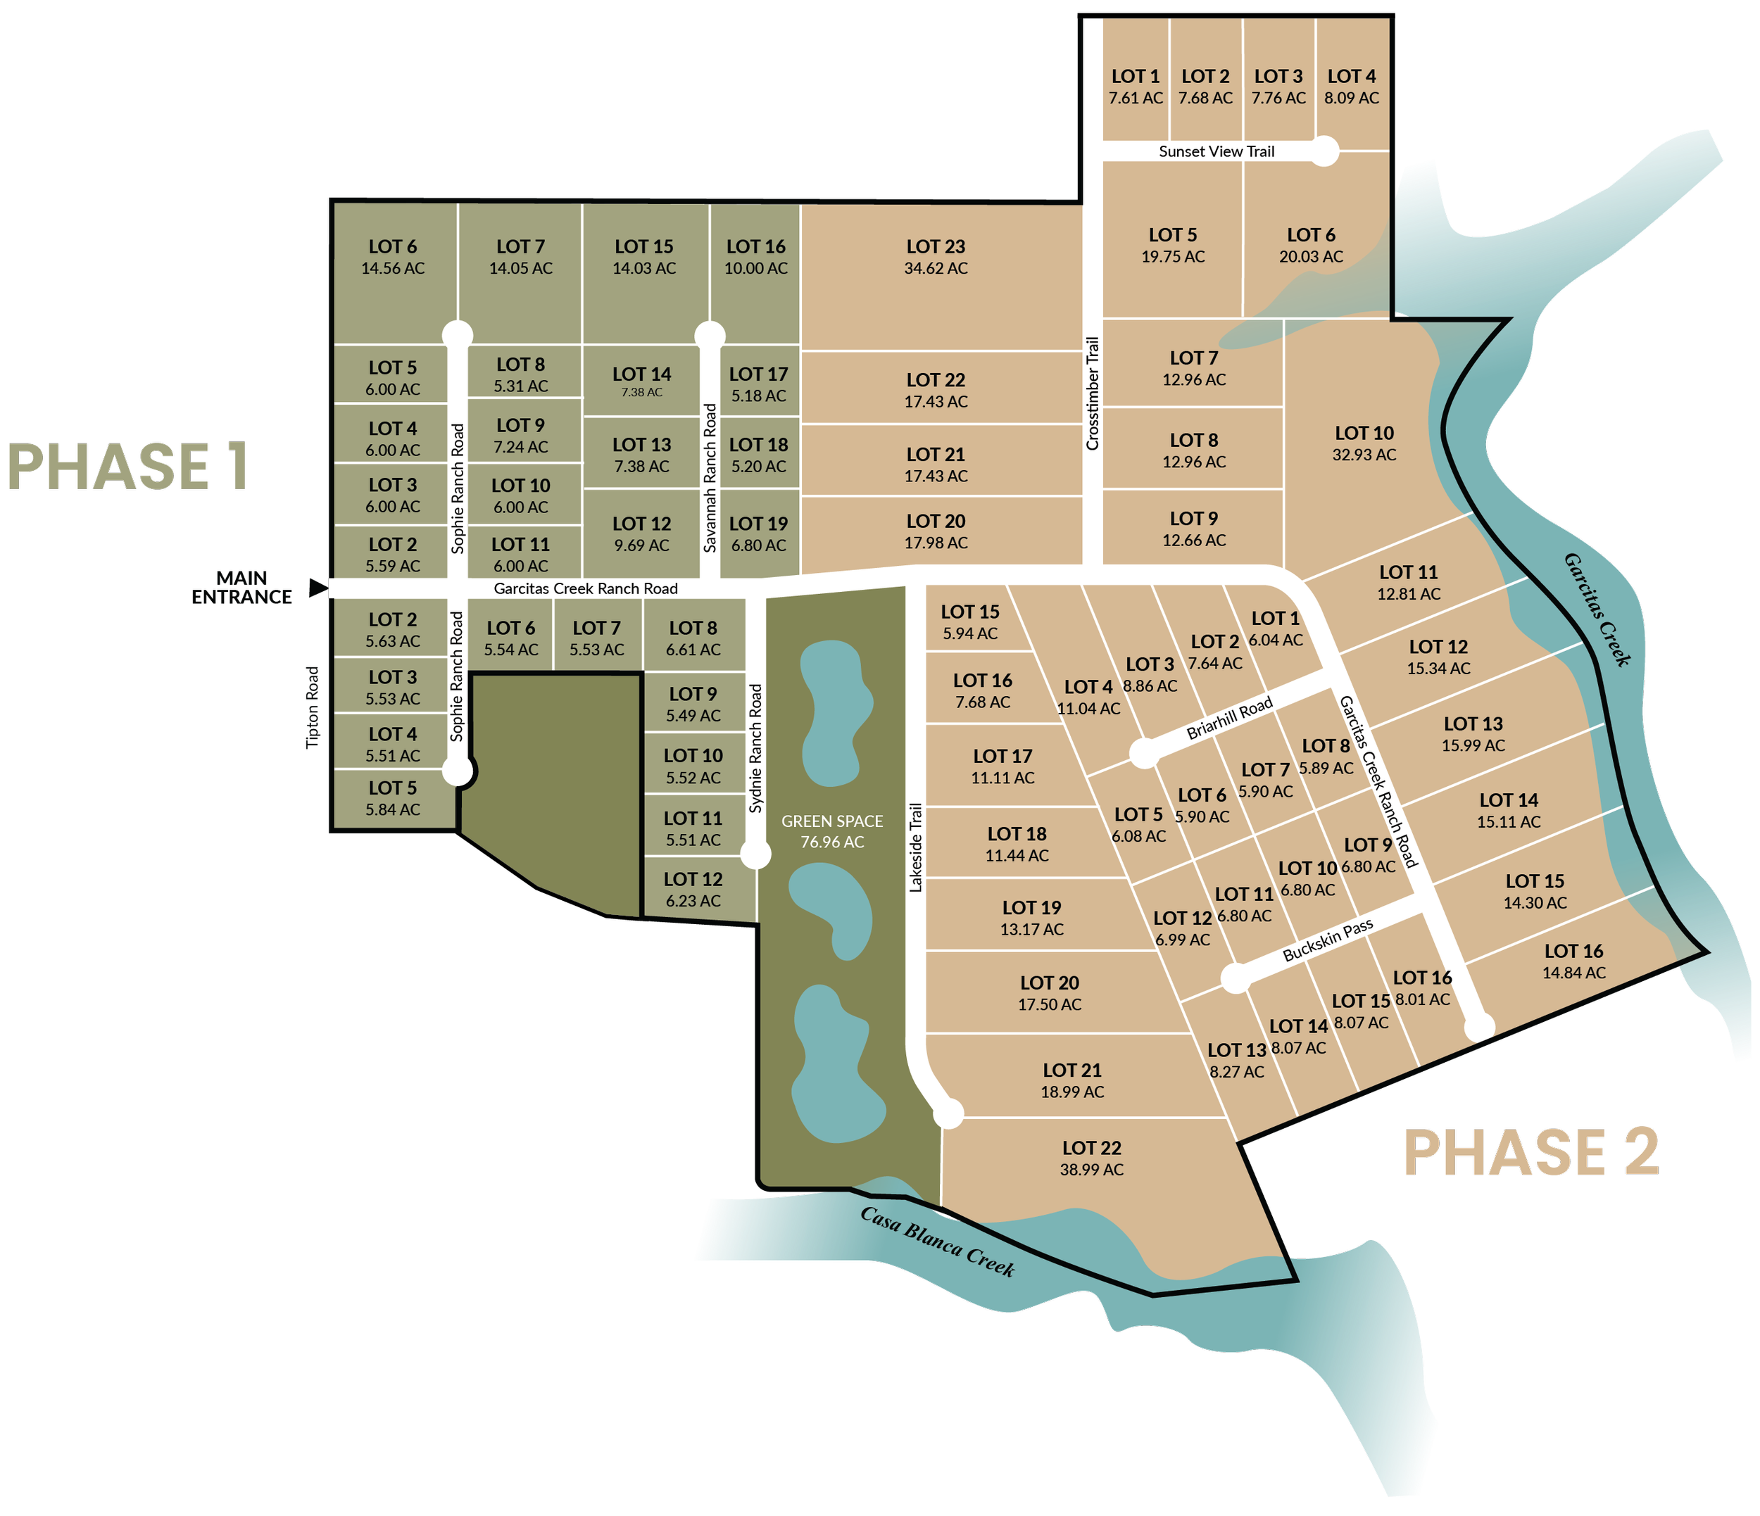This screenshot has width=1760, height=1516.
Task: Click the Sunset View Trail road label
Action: [1216, 152]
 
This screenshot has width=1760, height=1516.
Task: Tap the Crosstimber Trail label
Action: [1093, 393]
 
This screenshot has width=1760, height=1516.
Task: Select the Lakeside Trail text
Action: [916, 847]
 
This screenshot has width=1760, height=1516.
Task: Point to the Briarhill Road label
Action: [1229, 716]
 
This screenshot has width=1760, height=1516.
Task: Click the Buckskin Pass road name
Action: [1327, 940]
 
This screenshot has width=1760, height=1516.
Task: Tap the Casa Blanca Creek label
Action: [937, 1242]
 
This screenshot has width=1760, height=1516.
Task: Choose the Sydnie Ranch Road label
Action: [756, 748]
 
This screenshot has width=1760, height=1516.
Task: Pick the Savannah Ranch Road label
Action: [710, 478]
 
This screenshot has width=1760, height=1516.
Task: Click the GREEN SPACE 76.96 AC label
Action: [831, 831]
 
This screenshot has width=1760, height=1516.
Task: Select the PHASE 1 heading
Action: [127, 467]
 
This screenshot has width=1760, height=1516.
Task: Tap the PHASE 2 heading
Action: [1530, 1154]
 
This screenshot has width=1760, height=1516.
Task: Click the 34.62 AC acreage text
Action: [935, 268]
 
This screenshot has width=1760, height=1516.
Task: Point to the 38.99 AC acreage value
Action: [1090, 1170]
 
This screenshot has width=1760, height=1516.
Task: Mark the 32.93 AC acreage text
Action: [1364, 455]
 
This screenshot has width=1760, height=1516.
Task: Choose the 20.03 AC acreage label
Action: [1311, 256]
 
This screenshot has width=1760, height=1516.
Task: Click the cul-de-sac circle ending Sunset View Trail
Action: [1324, 152]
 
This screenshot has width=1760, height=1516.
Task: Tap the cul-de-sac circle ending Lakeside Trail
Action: [949, 1113]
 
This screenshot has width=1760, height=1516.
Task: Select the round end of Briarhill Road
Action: [1143, 753]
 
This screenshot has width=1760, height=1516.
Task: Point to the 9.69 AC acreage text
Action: [641, 545]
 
